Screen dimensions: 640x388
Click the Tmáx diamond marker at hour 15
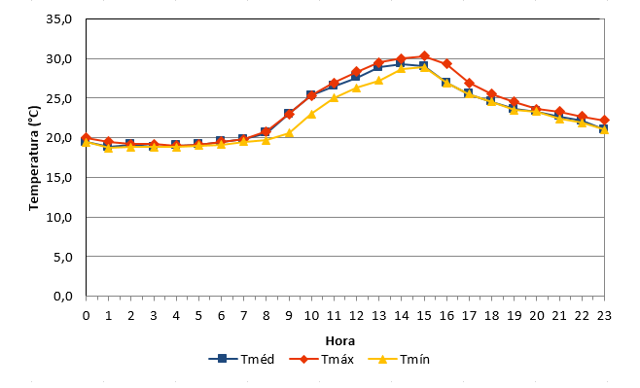point(424,56)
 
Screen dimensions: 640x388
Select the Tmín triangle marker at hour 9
point(289,132)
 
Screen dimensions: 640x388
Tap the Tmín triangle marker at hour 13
point(378,81)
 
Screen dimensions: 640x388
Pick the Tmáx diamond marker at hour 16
point(446,63)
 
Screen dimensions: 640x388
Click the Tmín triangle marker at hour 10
point(311,114)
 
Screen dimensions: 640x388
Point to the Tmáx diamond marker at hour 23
point(604,121)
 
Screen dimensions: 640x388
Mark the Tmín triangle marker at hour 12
point(356,88)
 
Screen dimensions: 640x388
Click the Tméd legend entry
point(241,359)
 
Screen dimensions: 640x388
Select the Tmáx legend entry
point(321,359)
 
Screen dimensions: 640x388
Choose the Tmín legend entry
point(399,359)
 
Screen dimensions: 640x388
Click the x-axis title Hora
point(340,340)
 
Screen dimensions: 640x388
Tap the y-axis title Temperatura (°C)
point(34,159)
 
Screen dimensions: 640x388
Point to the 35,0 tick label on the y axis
point(59,19)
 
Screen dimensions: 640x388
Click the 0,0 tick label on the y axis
point(63,296)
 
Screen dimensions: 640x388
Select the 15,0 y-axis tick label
point(59,178)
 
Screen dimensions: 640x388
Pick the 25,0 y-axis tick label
point(59,98)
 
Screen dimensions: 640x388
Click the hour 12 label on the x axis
point(356,316)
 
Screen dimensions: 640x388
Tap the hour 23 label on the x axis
point(604,316)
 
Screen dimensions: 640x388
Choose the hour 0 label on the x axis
point(87,316)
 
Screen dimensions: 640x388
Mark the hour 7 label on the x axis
point(244,316)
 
